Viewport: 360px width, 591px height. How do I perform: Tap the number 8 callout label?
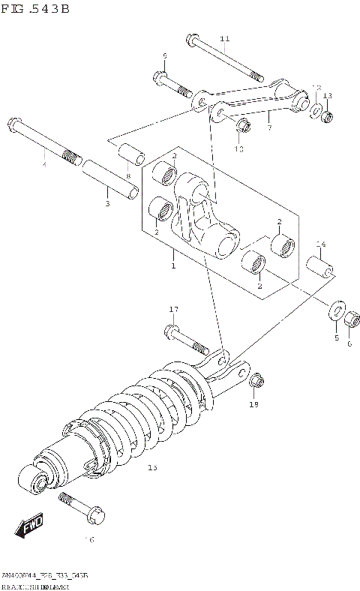(x=128, y=176)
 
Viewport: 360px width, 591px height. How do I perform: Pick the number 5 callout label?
(x=336, y=337)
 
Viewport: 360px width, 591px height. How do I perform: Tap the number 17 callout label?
(x=173, y=310)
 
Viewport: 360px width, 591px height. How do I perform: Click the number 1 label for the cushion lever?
(x=173, y=265)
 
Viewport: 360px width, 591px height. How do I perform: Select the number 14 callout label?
(x=320, y=244)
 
